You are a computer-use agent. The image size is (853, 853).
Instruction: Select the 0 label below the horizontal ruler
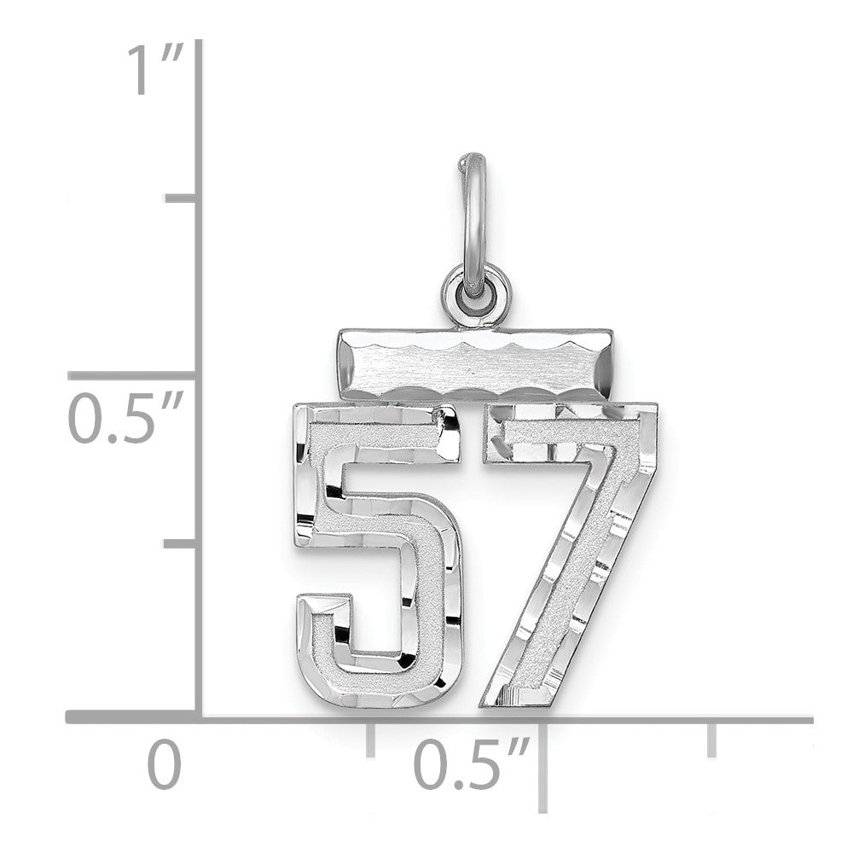165,765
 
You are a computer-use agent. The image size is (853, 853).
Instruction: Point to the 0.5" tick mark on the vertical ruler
136,374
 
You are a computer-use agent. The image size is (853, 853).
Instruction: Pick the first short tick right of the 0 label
370,738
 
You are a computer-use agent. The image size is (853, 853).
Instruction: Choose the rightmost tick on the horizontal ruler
713,738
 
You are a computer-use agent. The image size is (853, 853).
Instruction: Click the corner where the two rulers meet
200,719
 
